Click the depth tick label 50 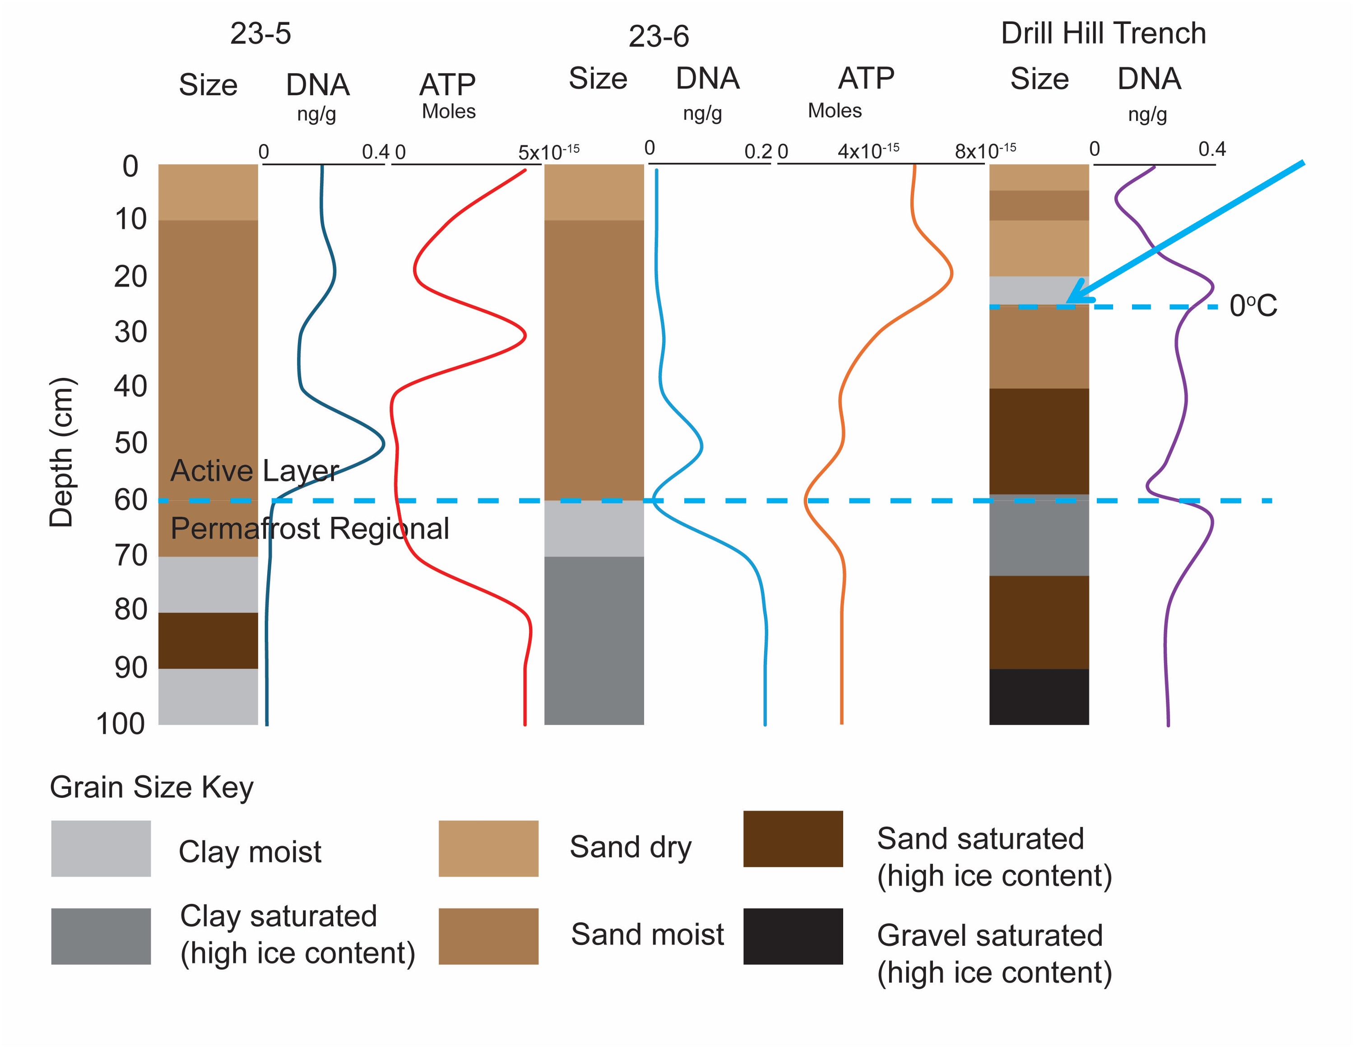[131, 443]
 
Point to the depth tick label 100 [121, 724]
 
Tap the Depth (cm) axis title [61, 452]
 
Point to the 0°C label [1253, 306]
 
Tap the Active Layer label [255, 470]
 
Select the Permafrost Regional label [310, 529]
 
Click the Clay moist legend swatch [101, 848]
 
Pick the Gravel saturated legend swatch [793, 936]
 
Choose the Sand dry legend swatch [488, 848]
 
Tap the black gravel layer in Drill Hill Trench [1039, 696]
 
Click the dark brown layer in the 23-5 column [208, 641]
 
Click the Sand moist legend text [647, 935]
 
